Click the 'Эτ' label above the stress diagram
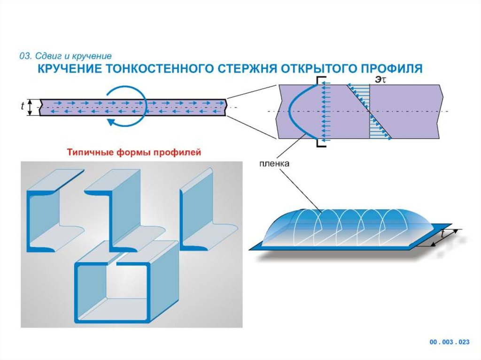click(x=380, y=79)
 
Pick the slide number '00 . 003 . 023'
click(x=450, y=342)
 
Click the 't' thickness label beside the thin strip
click(x=23, y=107)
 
